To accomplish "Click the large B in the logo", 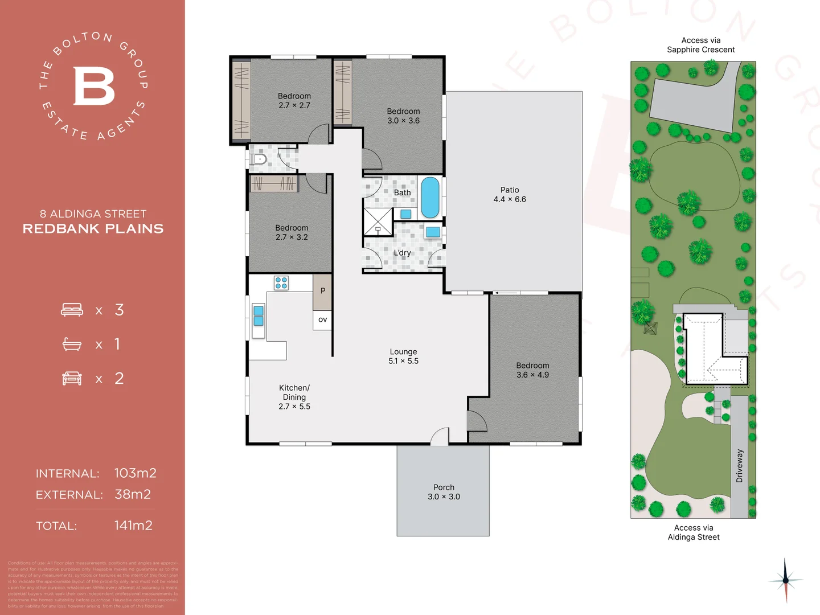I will click(94, 86).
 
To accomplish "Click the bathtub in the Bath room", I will click(430, 198).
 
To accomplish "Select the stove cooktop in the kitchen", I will click(281, 283).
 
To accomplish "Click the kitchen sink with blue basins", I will click(258, 316).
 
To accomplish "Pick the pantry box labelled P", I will click(323, 291).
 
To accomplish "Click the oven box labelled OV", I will click(323, 319).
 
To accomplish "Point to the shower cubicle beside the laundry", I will click(378, 222).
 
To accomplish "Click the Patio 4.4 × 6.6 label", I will click(510, 195).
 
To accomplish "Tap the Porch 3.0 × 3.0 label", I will click(444, 492).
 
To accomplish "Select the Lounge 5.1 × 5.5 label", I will click(403, 356).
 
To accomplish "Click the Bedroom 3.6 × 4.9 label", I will click(532, 370).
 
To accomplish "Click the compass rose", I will click(785, 580).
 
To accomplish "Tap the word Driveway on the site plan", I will click(739, 466).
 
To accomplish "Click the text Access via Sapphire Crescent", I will click(701, 45).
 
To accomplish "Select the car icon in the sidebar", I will click(72, 379).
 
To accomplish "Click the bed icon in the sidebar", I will click(72, 310).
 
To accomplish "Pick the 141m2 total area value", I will click(133, 526).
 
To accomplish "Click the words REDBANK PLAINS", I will click(93, 229).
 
